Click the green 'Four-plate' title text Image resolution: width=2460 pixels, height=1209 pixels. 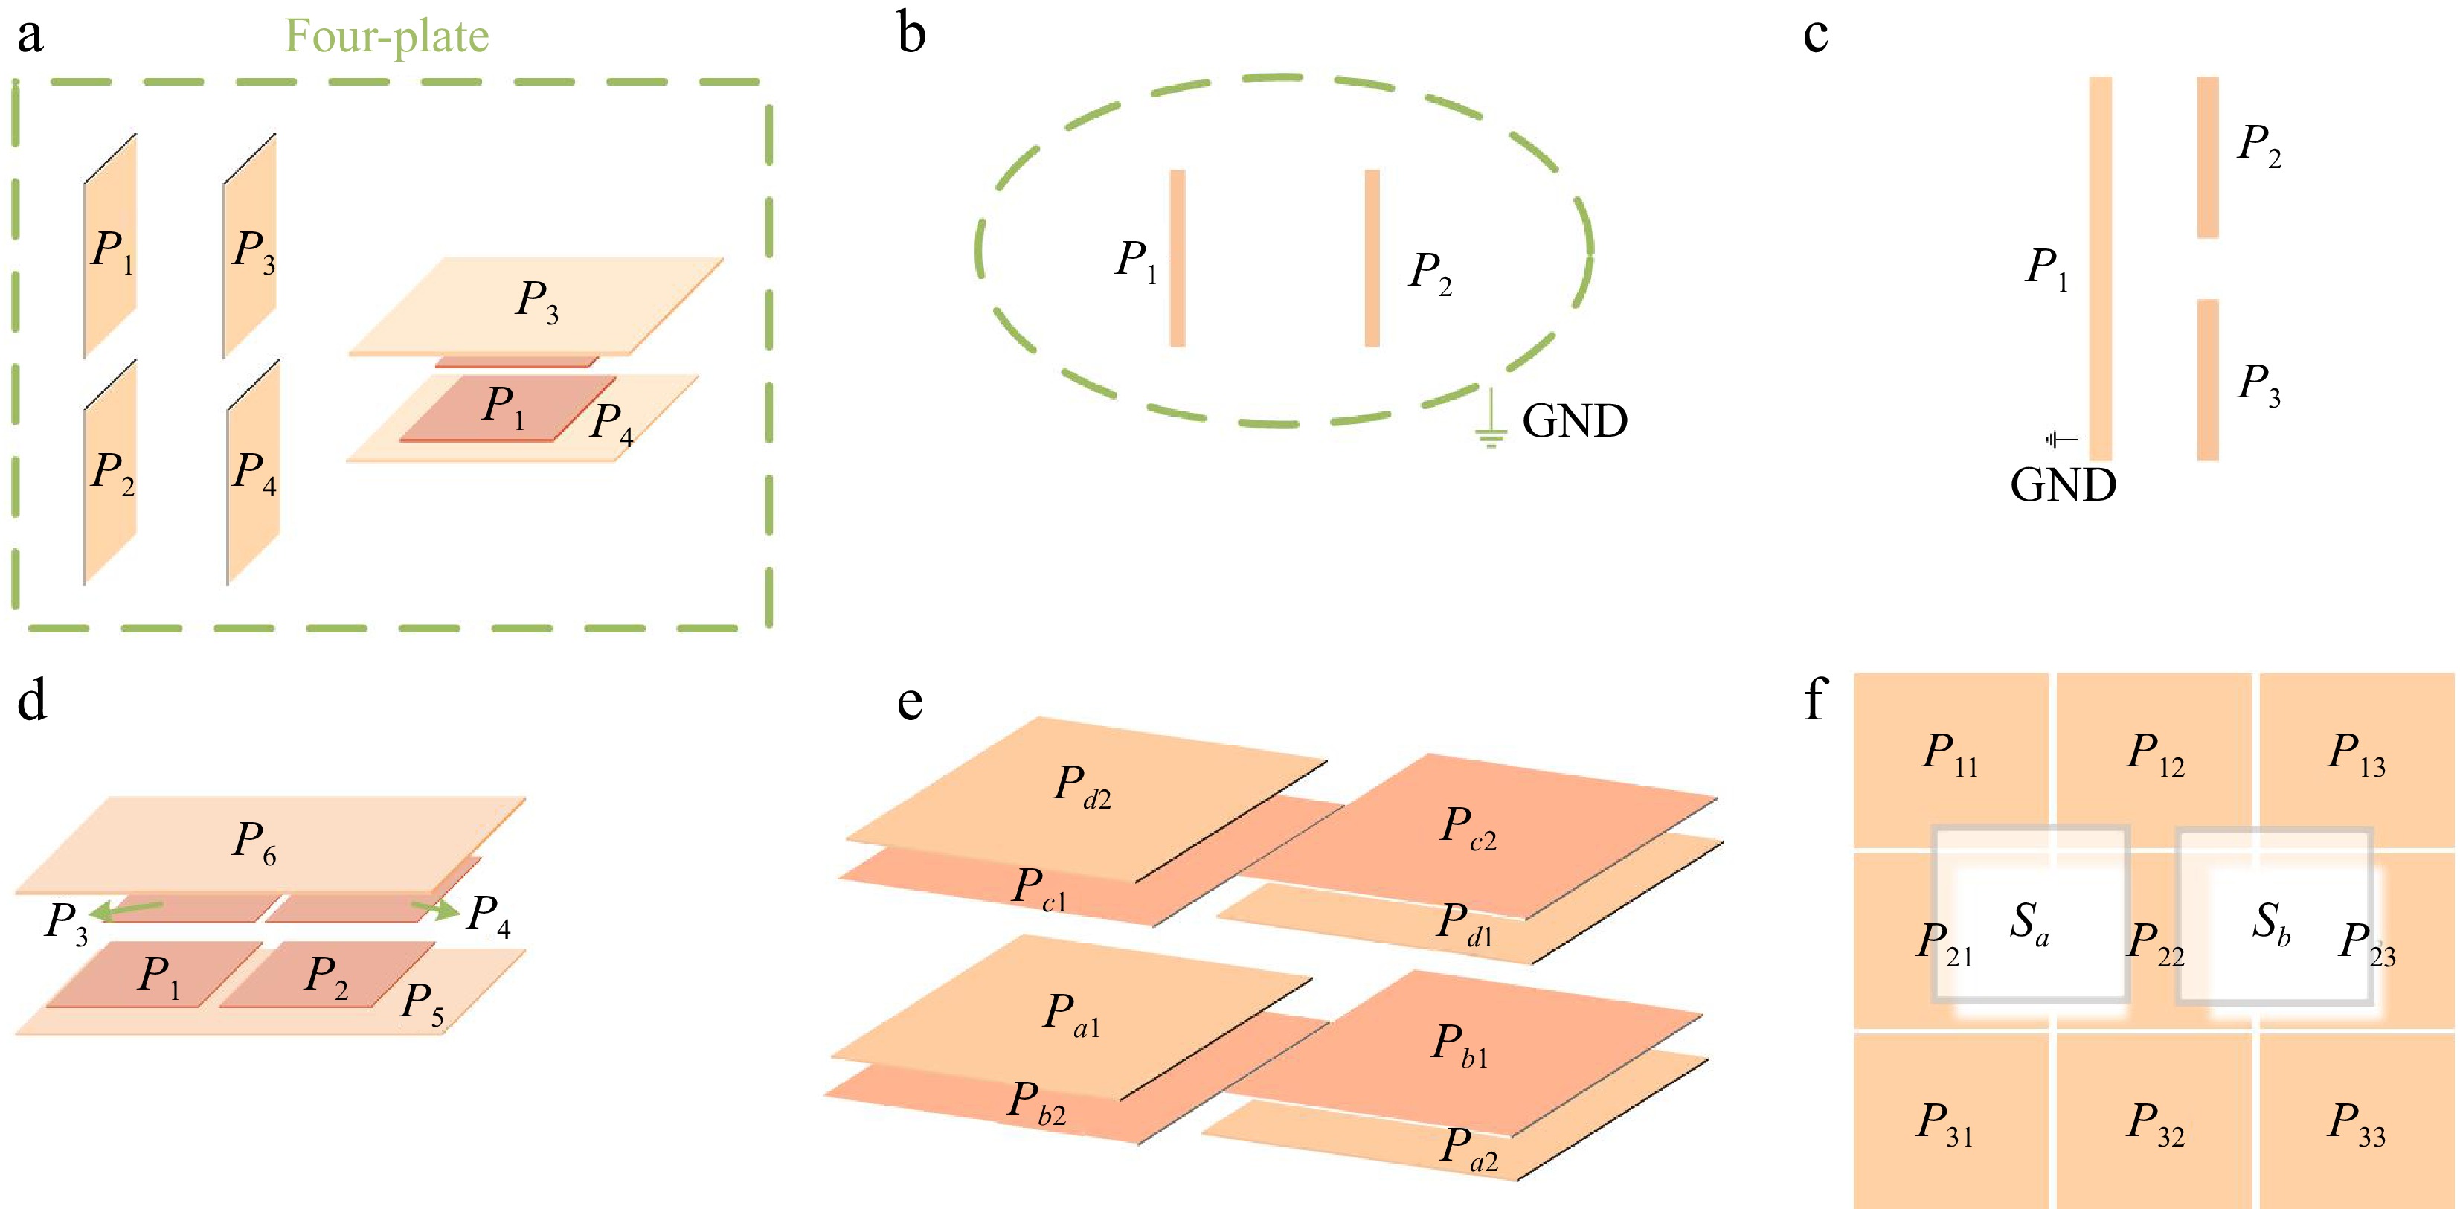(387, 37)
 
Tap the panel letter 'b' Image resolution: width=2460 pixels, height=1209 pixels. (911, 35)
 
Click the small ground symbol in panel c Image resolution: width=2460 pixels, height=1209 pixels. (2060, 439)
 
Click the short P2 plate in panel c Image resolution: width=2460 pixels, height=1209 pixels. (2207, 158)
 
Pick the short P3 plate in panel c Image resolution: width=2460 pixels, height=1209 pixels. (2207, 380)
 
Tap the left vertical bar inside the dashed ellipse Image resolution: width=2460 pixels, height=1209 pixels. (1178, 258)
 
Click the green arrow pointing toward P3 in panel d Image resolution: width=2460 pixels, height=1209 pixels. (131, 910)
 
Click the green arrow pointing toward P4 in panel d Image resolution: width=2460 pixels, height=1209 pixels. (435, 908)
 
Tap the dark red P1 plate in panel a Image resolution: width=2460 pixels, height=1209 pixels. (506, 408)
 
